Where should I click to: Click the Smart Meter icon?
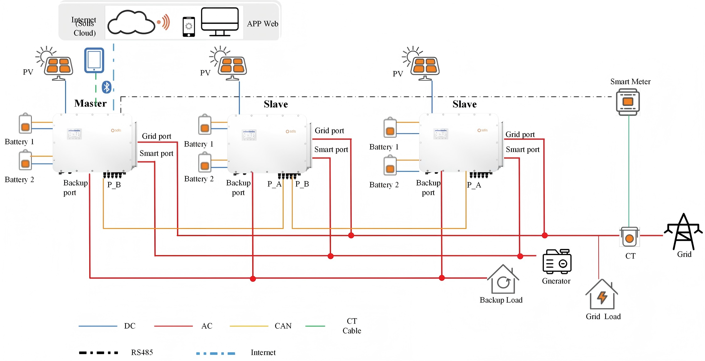(628, 102)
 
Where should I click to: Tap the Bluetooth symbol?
(107, 87)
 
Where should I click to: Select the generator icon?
(557, 262)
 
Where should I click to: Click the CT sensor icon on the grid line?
(629, 237)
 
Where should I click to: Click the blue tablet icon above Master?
(94, 60)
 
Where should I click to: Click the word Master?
(90, 103)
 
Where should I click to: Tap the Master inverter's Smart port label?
(156, 153)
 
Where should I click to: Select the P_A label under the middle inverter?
(274, 184)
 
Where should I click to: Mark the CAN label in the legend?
(283, 326)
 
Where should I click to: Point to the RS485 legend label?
(142, 352)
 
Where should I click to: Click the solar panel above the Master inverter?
(59, 66)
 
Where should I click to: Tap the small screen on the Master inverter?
(74, 134)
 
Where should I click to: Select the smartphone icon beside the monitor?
(189, 27)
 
